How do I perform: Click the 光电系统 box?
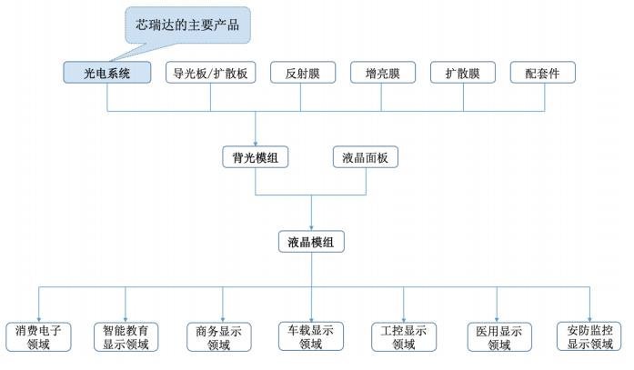[x=106, y=73]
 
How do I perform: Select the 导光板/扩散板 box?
[x=210, y=73]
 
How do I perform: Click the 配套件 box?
[x=542, y=73]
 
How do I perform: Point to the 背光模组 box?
[x=256, y=156]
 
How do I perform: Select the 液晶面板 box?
[x=366, y=156]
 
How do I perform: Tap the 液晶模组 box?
[x=311, y=242]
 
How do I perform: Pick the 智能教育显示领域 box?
[x=126, y=336]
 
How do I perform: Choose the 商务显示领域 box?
[x=219, y=336]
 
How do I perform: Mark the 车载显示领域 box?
[x=311, y=336]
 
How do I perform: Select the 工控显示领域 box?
[x=403, y=336]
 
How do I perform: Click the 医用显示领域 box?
[x=498, y=336]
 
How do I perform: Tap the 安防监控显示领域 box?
[x=589, y=336]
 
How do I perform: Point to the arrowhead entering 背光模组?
[x=256, y=141]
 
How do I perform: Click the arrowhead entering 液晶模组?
[x=311, y=227]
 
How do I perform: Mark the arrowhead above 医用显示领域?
[x=498, y=316]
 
